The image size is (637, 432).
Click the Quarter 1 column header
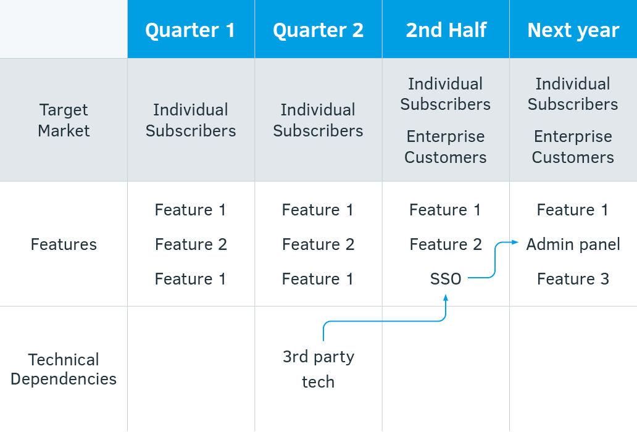coord(190,30)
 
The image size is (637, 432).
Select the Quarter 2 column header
coord(318,30)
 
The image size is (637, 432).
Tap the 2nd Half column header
coord(446,30)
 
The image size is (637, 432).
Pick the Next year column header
coord(573,31)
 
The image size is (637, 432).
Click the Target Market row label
coord(64,120)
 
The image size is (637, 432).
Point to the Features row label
coord(64,244)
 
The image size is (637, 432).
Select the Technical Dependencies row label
coord(64,369)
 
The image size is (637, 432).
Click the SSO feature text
coord(446,279)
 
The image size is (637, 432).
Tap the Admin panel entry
coord(573,245)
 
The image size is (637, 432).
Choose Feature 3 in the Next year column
coord(573,279)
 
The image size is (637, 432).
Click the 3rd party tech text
coord(318,369)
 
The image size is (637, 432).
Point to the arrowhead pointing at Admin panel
coord(515,242)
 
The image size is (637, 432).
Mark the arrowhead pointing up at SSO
coord(446,297)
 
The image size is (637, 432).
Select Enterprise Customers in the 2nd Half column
coord(446,147)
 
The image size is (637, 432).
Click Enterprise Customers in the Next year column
coord(573,147)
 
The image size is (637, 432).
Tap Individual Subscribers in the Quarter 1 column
coord(191,120)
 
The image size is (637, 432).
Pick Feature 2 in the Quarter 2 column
coord(318,244)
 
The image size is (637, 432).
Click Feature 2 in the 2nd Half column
coord(446,244)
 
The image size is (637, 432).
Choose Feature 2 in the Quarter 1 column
coord(191,244)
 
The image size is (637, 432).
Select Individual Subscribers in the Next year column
coord(573,94)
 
